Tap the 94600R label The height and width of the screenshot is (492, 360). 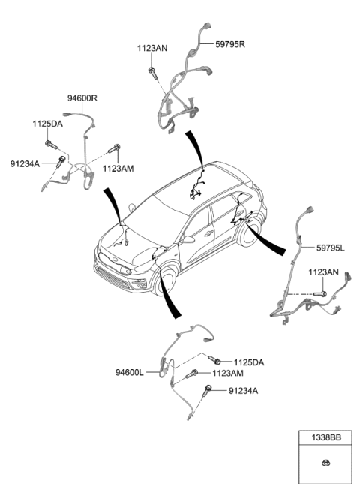pyautogui.click(x=82, y=98)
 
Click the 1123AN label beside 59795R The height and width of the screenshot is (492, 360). pyautogui.click(x=152, y=47)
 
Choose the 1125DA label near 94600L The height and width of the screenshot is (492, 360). pyautogui.click(x=248, y=362)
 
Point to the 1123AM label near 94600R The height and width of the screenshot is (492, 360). pyautogui.click(x=118, y=169)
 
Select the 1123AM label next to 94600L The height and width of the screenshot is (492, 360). pyautogui.click(x=228, y=373)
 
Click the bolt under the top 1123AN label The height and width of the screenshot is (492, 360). pyautogui.click(x=153, y=70)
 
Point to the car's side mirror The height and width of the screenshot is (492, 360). pyautogui.click(x=188, y=240)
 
